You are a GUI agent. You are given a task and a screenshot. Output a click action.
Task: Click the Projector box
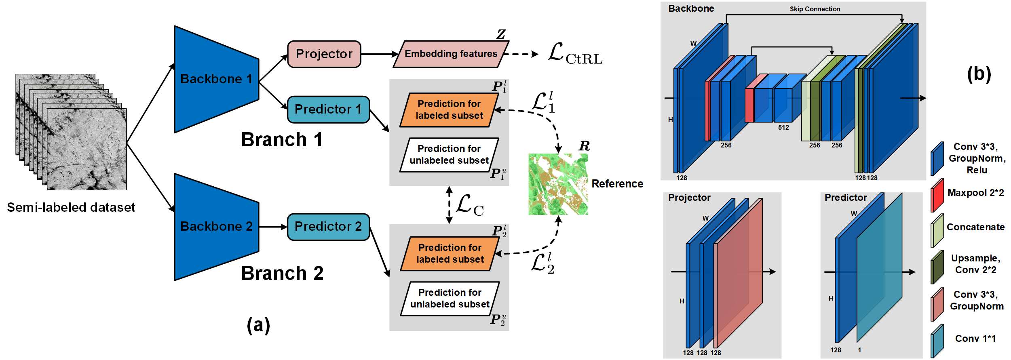coord(324,54)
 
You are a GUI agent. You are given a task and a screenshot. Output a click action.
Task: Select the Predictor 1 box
coord(328,109)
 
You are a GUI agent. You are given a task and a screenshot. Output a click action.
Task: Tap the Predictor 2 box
coord(328,227)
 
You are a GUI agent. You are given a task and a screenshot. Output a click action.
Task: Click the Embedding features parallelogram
coord(450,54)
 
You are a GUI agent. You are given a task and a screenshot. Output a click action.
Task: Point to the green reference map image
coord(558,184)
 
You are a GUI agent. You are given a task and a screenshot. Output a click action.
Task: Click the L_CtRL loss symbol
coord(574,54)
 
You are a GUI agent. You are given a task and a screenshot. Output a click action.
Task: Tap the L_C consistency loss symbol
coord(469,205)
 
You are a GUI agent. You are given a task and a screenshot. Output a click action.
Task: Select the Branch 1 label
coord(282,140)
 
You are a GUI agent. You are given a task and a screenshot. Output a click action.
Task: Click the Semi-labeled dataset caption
coord(71,207)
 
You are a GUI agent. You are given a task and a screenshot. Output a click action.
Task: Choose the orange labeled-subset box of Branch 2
coord(450,254)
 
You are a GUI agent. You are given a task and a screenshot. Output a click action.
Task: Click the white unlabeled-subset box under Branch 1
coord(449,155)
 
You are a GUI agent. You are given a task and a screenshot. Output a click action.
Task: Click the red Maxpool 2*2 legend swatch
coord(937,196)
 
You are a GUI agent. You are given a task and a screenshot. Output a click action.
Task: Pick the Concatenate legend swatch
coord(937,231)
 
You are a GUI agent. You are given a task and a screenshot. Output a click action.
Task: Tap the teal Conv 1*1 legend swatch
coord(937,341)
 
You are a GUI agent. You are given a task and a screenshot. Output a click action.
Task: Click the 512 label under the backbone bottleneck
coord(783,127)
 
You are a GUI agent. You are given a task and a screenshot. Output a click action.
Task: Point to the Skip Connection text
coord(815,9)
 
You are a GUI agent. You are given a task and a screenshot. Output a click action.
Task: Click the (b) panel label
coord(979,74)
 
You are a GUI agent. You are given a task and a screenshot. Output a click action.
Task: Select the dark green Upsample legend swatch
coord(937,267)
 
